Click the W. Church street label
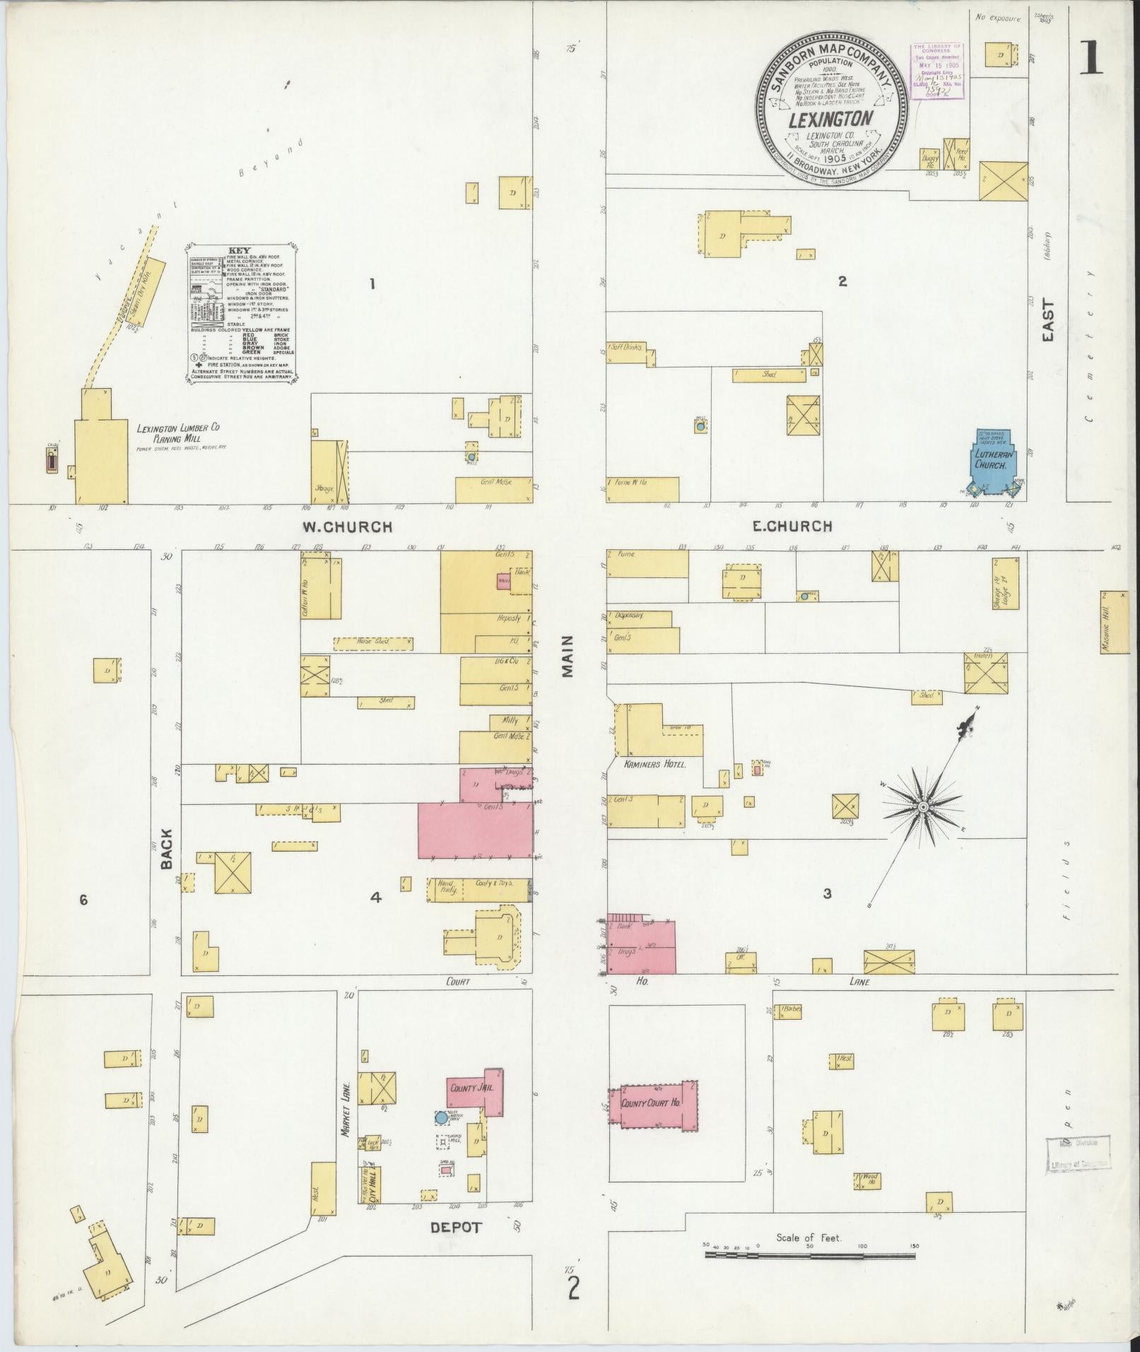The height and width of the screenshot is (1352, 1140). [x=347, y=527]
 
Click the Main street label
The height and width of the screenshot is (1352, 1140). [x=568, y=657]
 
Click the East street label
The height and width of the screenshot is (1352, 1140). [x=1047, y=322]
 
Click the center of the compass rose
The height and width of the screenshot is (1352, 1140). [x=922, y=807]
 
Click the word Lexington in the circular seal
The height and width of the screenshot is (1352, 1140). [x=830, y=119]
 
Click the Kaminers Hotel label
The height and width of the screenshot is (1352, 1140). [x=654, y=764]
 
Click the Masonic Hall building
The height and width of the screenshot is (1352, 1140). [x=1114, y=622]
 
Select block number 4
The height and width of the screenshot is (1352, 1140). [x=376, y=898]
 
